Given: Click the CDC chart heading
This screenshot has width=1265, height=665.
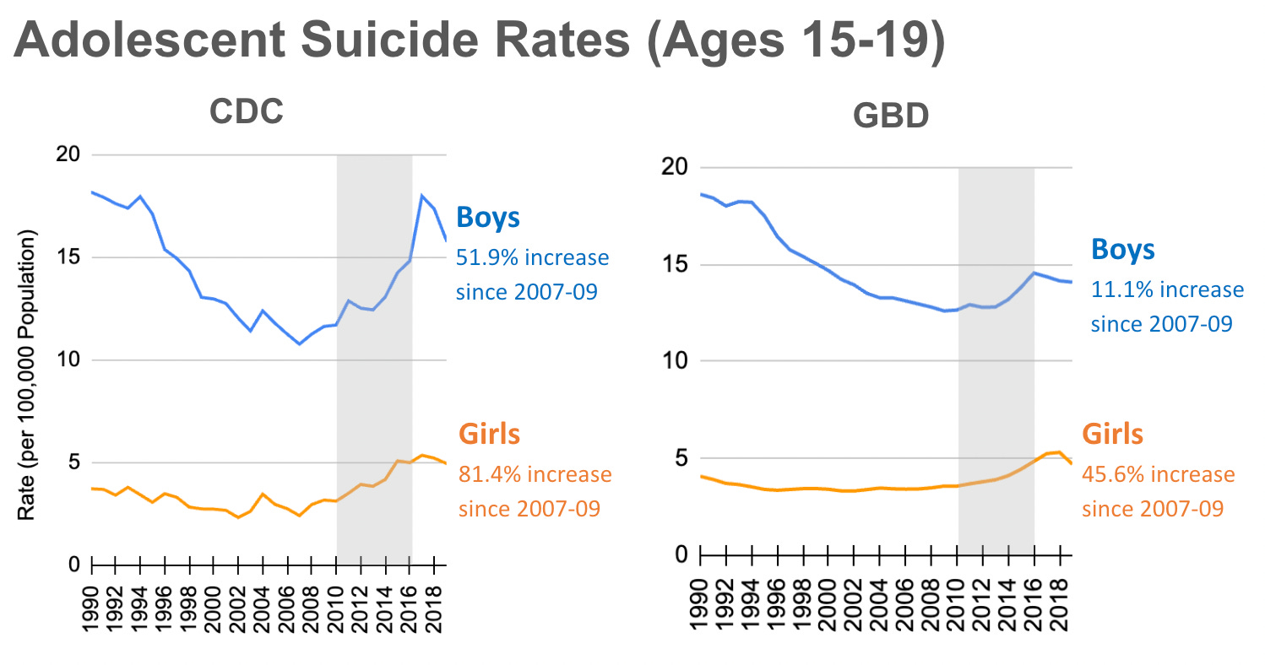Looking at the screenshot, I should click(x=247, y=113).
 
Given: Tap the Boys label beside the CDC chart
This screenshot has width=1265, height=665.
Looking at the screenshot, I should click(x=488, y=218).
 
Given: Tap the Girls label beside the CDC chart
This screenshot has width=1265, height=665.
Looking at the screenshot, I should click(x=489, y=435).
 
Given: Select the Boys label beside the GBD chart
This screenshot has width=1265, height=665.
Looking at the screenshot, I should click(x=1122, y=250).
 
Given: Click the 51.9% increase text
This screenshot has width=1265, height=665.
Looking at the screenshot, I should click(x=531, y=257).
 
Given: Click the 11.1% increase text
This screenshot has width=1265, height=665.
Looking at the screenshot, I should click(x=1166, y=289).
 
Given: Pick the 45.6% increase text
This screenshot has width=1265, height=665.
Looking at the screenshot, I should click(x=1158, y=474).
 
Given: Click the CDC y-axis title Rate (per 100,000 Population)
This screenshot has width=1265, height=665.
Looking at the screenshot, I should click(x=29, y=374).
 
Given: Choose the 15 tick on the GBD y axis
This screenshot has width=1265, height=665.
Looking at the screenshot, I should click(x=676, y=265).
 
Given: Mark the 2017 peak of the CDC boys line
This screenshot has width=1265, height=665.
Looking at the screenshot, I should click(x=421, y=196).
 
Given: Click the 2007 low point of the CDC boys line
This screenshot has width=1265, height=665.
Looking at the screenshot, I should click(x=299, y=343).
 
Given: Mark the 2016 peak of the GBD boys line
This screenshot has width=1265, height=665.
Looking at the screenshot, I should click(x=1034, y=272).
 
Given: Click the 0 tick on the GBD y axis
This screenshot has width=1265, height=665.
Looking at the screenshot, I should click(x=682, y=554).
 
